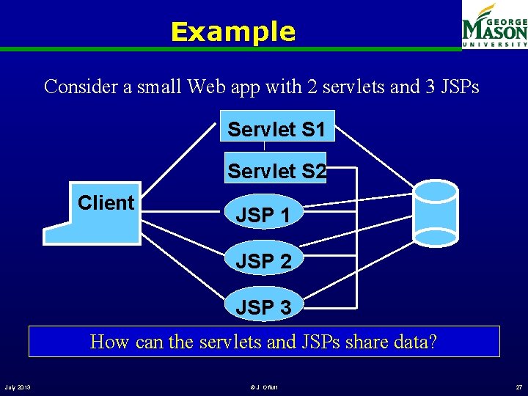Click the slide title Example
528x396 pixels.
pos(232,32)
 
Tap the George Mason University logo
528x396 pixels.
pos(494,26)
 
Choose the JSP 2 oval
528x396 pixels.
pos(263,260)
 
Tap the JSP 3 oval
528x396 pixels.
pos(263,307)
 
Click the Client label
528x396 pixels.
pos(106,203)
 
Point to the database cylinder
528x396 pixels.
pos(436,212)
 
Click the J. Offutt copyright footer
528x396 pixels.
pos(264,386)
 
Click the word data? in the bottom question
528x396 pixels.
pos(416,342)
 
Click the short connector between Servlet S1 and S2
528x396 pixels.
pos(264,147)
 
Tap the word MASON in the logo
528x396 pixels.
pos(494,32)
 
